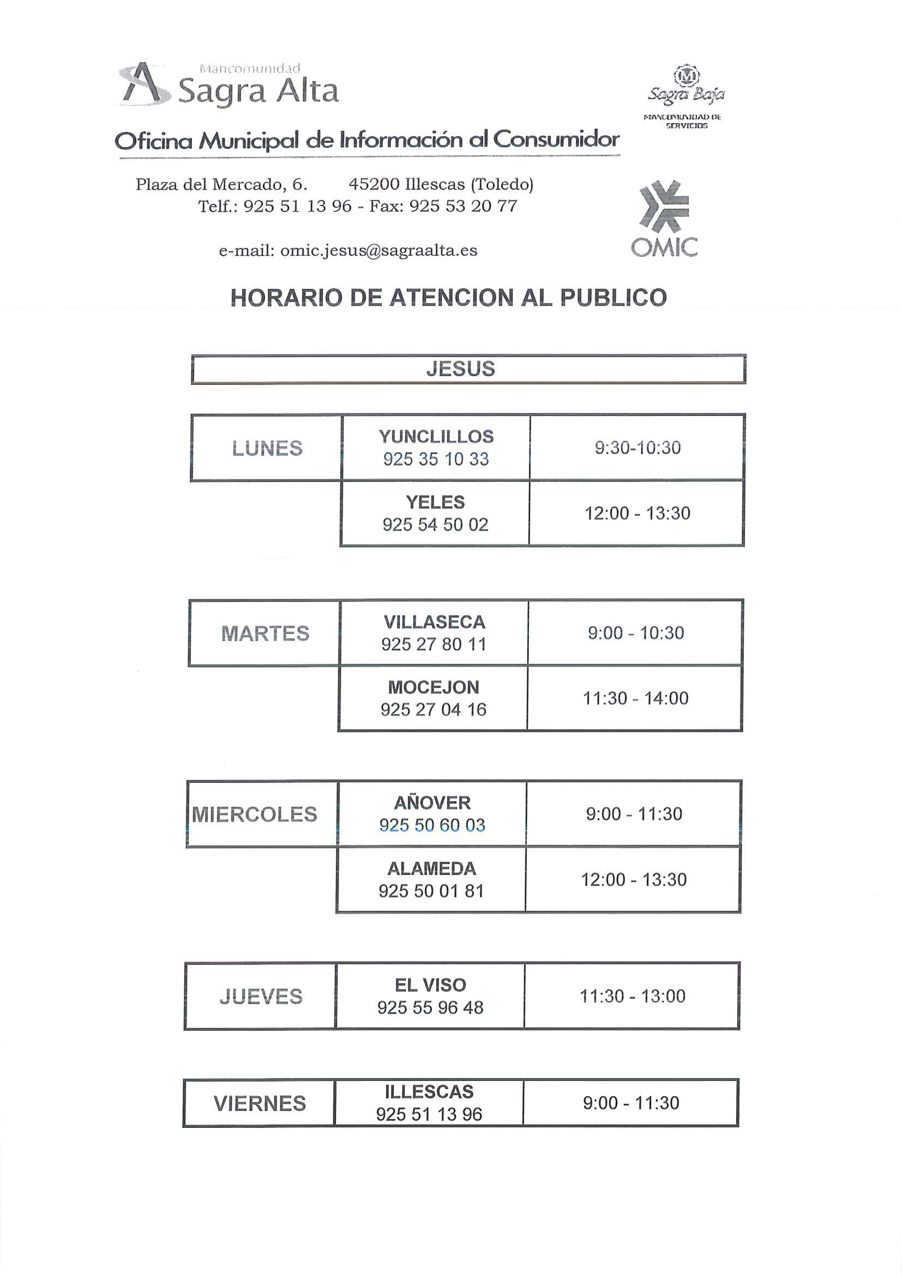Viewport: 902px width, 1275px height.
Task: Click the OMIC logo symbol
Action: (x=664, y=206)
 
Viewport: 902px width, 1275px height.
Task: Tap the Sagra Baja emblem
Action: (x=686, y=76)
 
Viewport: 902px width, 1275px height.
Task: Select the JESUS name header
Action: (x=460, y=369)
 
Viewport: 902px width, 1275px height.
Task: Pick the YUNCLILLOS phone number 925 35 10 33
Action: (x=436, y=459)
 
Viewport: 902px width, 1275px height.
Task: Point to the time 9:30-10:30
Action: (x=638, y=447)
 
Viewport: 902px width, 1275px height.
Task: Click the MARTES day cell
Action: (x=265, y=634)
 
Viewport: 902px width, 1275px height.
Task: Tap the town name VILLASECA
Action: (x=434, y=622)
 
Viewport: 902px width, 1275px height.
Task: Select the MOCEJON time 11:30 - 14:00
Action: (x=636, y=698)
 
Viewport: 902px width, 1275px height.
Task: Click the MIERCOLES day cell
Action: (x=254, y=815)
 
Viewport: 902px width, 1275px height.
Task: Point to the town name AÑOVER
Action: (x=432, y=803)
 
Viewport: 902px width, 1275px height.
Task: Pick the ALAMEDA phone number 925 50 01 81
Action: (x=431, y=891)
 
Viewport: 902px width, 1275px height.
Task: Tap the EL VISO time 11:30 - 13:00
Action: (x=633, y=996)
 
